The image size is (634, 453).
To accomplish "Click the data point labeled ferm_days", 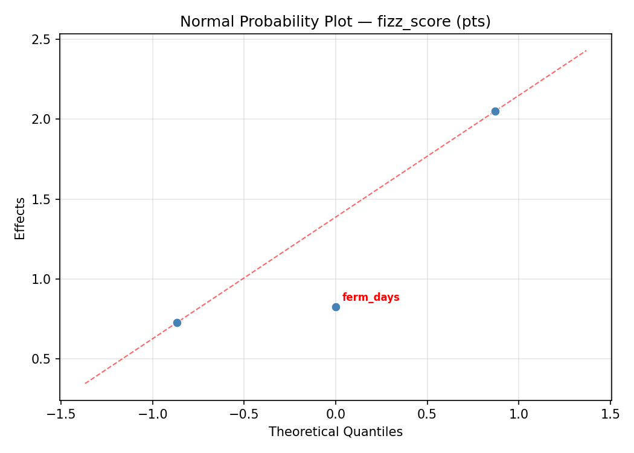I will [x=336, y=307].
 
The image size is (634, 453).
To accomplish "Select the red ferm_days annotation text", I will [x=371, y=297].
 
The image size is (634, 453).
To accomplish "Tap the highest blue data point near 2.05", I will [x=495, y=111].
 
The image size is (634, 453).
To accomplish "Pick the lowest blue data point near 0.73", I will [x=177, y=323].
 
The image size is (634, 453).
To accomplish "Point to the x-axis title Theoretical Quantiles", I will [x=335, y=432].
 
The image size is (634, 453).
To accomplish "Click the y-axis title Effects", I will [x=21, y=218].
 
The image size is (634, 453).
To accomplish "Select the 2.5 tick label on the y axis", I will [x=45, y=39].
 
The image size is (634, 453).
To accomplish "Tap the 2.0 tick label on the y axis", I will [x=45, y=119].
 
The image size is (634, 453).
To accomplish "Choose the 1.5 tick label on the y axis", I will [x=45, y=199].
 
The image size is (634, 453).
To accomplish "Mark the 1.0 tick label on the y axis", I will [x=45, y=279].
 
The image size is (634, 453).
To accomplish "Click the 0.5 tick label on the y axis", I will [x=45, y=359].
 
